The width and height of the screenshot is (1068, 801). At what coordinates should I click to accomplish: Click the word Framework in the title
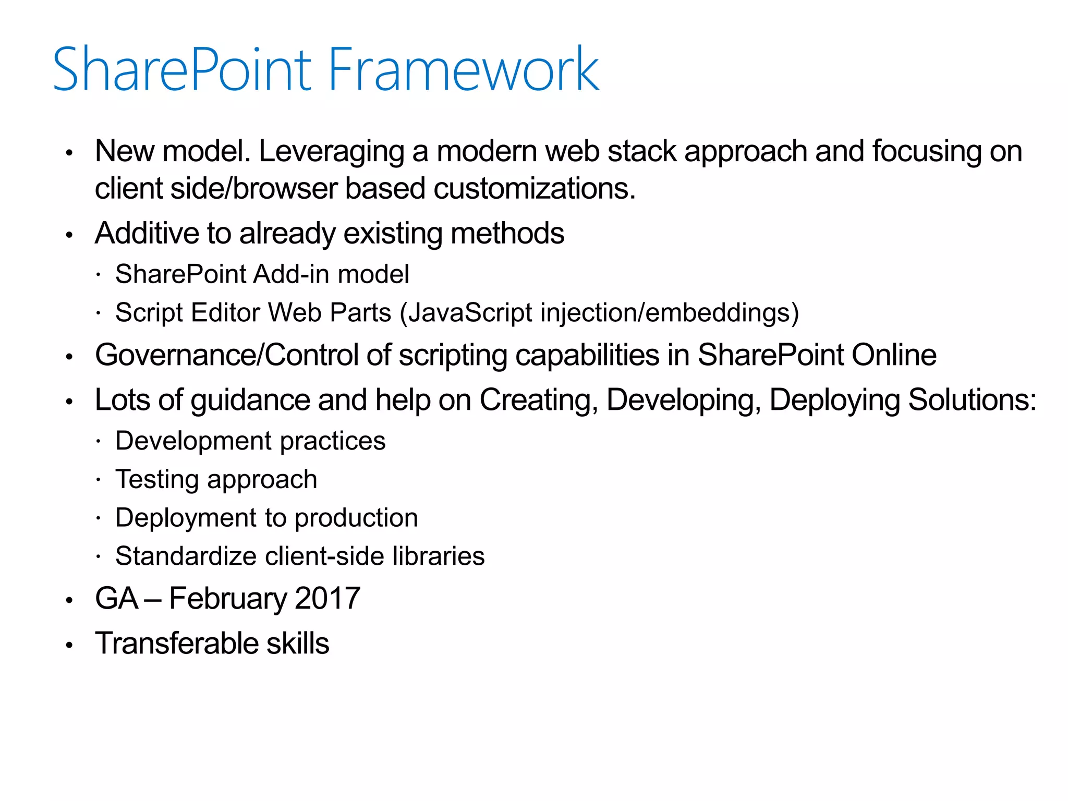point(463,70)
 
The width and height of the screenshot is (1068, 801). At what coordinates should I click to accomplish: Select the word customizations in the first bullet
point(534,188)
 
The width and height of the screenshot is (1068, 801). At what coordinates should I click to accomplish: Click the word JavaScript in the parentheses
point(470,313)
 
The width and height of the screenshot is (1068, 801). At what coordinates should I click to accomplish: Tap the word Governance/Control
point(226,355)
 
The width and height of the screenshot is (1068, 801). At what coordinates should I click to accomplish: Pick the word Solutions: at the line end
point(972,400)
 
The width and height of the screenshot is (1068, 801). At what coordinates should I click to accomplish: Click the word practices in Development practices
point(333,441)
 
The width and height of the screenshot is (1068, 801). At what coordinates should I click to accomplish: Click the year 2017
point(327,599)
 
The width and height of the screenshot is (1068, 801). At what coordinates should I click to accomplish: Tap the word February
point(228,599)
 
